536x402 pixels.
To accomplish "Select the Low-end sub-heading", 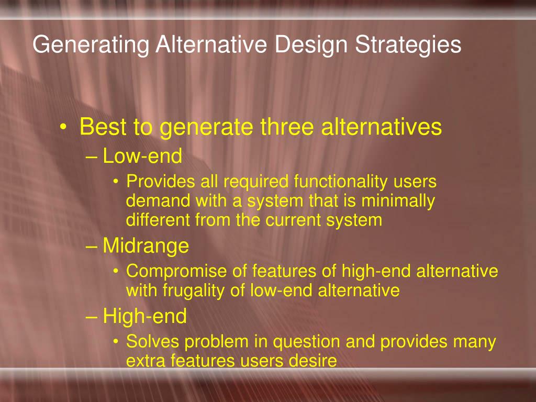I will pyautogui.click(x=142, y=156).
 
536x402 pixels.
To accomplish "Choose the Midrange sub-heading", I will pyautogui.click(x=146, y=245).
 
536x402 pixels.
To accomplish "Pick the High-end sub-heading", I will pyautogui.click(x=144, y=316).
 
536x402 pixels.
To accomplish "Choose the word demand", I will pyautogui.click(x=159, y=200).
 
